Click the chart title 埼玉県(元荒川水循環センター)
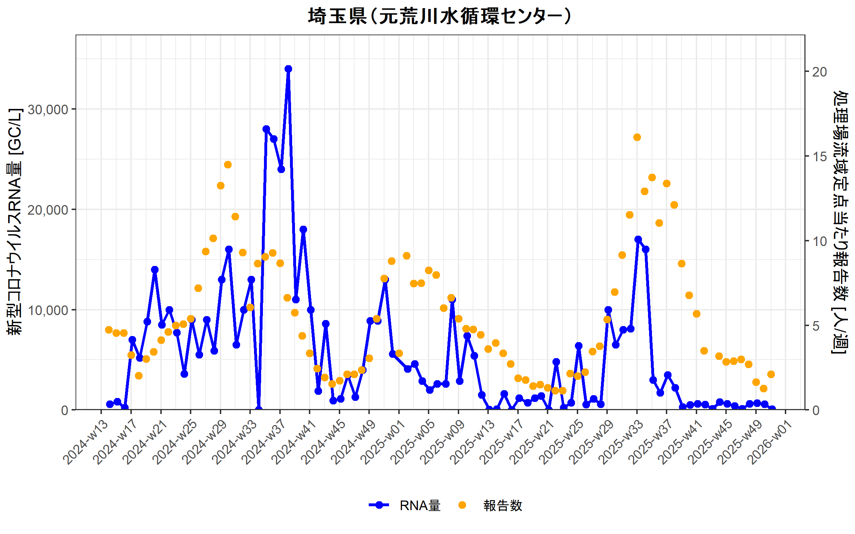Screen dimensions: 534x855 click(x=440, y=16)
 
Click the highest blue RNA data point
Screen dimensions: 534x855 click(x=288, y=69)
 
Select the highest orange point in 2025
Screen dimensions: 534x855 click(x=637, y=137)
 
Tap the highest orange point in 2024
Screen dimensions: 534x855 click(x=228, y=164)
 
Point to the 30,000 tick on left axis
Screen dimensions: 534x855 click(x=48, y=110)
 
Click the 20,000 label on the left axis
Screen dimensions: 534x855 click(x=48, y=210)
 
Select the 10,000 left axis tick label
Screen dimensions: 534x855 click(x=48, y=310)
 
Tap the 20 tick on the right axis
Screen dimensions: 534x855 click(x=819, y=72)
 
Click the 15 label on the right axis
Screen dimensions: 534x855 click(x=819, y=157)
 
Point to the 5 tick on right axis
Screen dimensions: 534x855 click(x=816, y=326)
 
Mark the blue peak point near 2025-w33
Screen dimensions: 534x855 click(x=638, y=239)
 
